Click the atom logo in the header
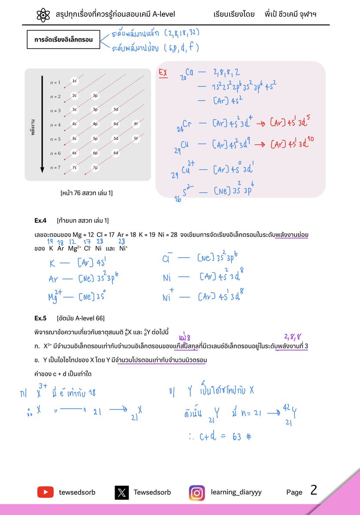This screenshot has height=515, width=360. click(44, 15)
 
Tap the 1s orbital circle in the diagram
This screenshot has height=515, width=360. click(74, 81)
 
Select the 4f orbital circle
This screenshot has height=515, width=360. click(136, 124)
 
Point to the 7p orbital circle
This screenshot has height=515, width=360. click(95, 167)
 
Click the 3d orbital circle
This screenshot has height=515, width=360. click(116, 109)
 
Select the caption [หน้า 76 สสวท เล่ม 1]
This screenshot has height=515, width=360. click(87, 193)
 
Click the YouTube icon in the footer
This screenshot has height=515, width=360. click(45, 492)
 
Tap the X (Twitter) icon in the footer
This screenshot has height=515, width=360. click(121, 492)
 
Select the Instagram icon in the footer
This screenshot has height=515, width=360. click(197, 492)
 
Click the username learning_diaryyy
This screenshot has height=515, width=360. click(236, 492)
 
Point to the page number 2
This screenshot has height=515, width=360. click(314, 490)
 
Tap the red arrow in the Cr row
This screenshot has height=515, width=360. click(260, 124)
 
